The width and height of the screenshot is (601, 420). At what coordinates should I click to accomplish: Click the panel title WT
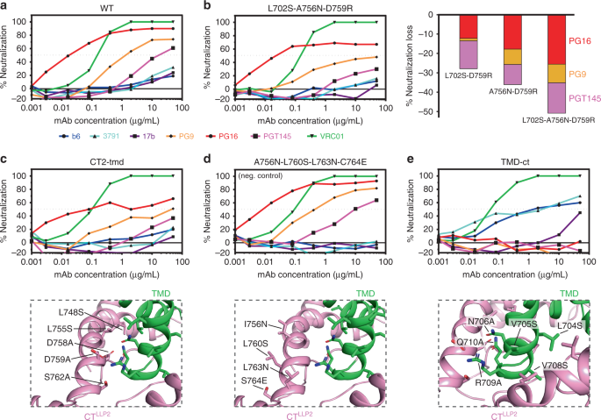[105, 8]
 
